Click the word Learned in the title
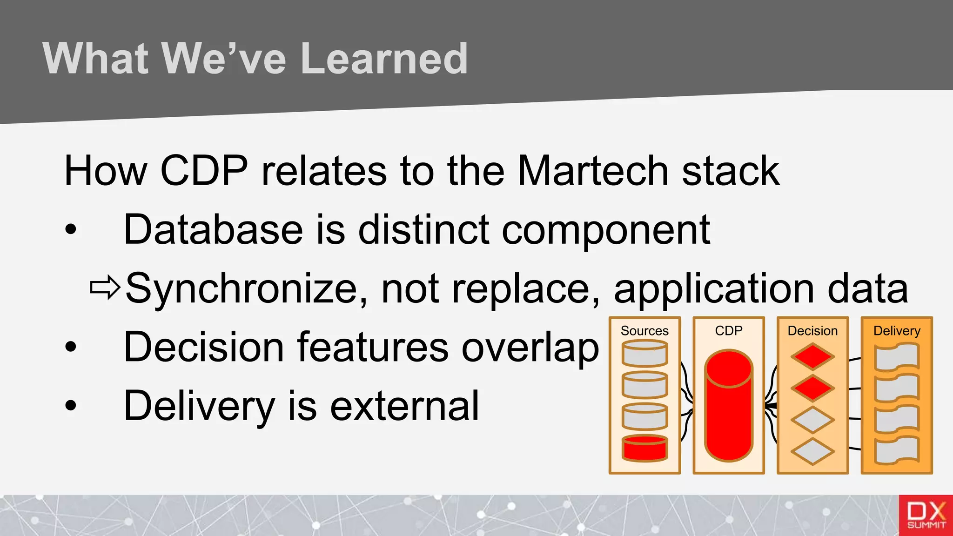coord(384,59)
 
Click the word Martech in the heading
coord(593,171)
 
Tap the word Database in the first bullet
coord(213,229)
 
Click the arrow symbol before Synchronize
coord(105,288)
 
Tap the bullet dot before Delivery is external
coord(71,405)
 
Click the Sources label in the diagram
coord(644,331)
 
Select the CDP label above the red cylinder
coord(729,331)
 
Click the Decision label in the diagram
coord(812,331)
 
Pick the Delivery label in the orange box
coord(897,331)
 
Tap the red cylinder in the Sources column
coord(645,449)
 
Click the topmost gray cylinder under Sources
coord(645,354)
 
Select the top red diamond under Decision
coord(812,357)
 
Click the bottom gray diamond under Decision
coord(812,451)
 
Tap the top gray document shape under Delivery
coord(897,357)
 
